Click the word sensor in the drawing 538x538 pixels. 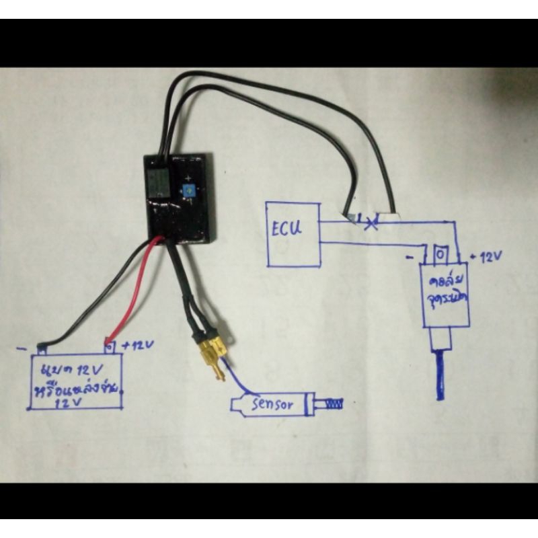tap(272, 405)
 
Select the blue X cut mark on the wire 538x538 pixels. tap(369, 221)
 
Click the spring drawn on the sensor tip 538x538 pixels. tap(334, 405)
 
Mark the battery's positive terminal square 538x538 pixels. tap(108, 346)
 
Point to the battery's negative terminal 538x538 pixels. tap(43, 348)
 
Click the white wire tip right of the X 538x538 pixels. tap(389, 218)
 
